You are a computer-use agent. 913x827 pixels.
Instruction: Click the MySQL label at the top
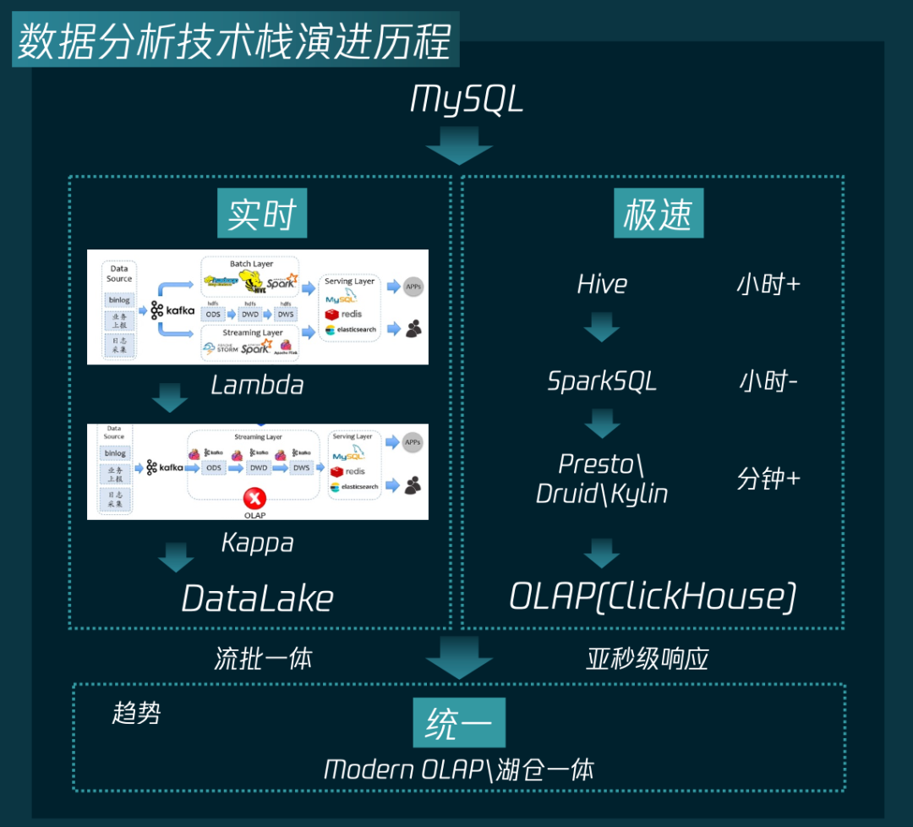pyautogui.click(x=467, y=100)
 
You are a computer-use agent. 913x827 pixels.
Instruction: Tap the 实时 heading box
pyautogui.click(x=262, y=215)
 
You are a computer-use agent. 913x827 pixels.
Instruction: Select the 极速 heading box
pyautogui.click(x=658, y=215)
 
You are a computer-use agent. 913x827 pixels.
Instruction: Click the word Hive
pyautogui.click(x=602, y=284)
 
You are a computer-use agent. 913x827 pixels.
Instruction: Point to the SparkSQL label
pyautogui.click(x=602, y=381)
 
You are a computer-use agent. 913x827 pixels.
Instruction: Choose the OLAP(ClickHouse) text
pyautogui.click(x=653, y=597)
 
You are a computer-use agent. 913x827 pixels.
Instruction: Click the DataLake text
pyautogui.click(x=258, y=599)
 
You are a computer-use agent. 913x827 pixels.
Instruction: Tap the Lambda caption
pyautogui.click(x=257, y=386)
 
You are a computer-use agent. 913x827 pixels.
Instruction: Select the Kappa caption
pyautogui.click(x=257, y=542)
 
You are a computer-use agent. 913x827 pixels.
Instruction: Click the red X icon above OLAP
pyautogui.click(x=253, y=498)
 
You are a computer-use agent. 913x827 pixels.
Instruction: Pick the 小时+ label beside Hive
pyautogui.click(x=768, y=284)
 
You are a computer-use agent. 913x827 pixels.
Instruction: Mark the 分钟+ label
pyautogui.click(x=768, y=479)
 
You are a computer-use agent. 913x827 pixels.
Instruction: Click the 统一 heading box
pyautogui.click(x=459, y=724)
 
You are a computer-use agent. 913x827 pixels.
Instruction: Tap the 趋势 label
pyautogui.click(x=136, y=713)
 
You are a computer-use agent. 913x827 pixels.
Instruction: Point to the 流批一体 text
pyautogui.click(x=263, y=660)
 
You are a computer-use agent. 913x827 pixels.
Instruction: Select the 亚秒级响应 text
pyautogui.click(x=647, y=660)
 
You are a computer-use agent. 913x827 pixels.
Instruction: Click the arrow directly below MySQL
pyautogui.click(x=459, y=145)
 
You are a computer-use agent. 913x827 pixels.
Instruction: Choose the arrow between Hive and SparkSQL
pyautogui.click(x=602, y=327)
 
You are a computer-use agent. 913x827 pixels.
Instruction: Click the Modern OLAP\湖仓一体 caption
pyautogui.click(x=459, y=769)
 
